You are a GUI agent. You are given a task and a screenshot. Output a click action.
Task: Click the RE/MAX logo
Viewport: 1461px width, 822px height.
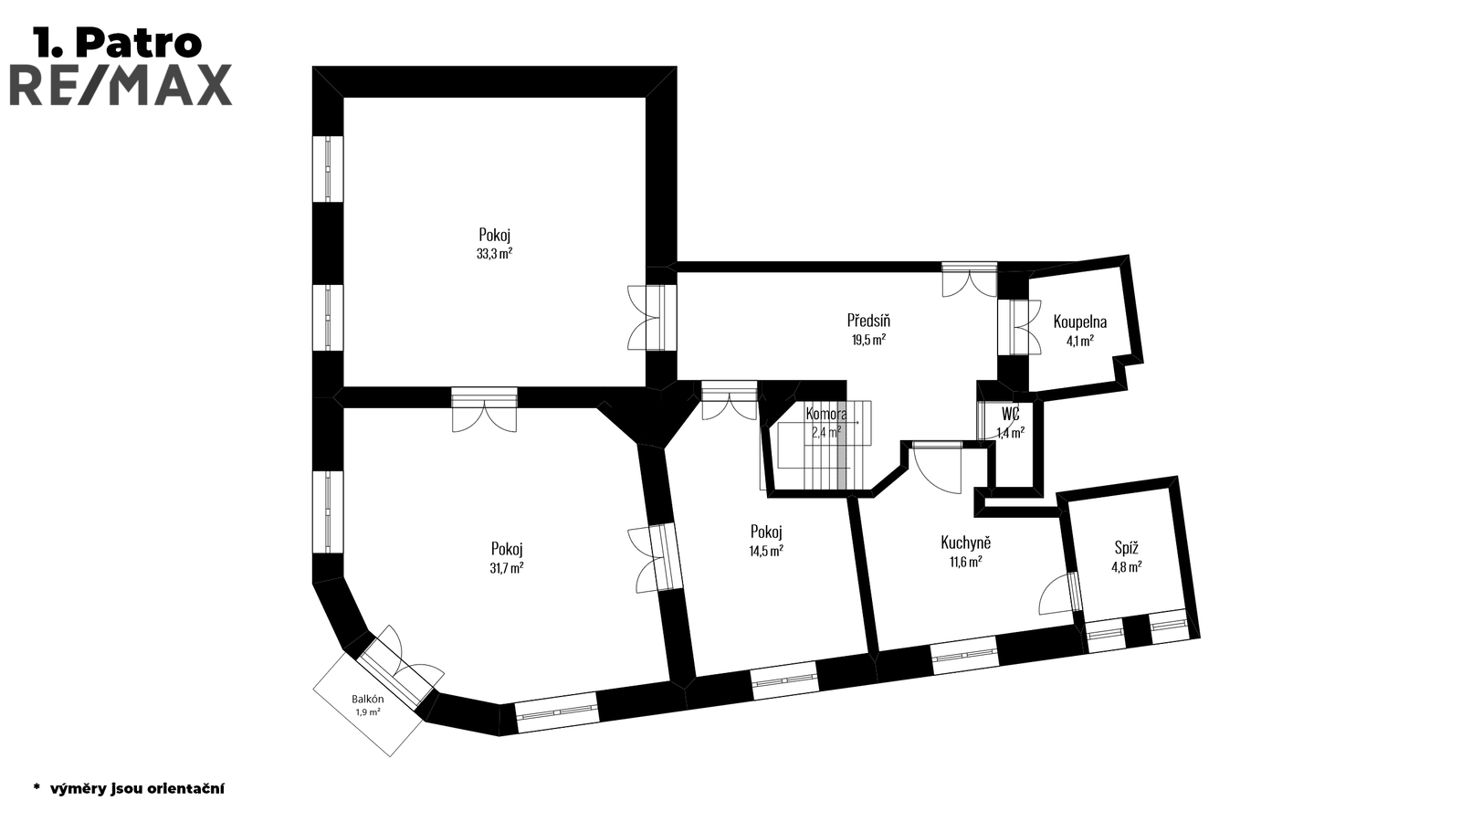[120, 85]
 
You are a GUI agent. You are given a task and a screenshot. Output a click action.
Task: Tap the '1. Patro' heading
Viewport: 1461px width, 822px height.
[117, 42]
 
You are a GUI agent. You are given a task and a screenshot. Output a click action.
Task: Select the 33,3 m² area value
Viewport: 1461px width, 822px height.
[494, 254]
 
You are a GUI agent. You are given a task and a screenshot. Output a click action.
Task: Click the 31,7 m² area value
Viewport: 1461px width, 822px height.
[506, 568]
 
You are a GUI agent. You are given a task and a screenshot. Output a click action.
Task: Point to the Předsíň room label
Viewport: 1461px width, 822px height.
[868, 321]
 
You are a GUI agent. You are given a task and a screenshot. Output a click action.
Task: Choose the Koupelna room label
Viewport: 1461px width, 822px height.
[1079, 321]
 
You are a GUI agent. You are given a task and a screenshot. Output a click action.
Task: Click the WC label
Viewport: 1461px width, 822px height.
[1009, 414]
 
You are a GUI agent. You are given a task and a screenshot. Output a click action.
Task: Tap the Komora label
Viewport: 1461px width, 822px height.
[825, 414]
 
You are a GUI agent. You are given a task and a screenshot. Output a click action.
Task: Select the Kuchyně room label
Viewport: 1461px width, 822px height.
[965, 543]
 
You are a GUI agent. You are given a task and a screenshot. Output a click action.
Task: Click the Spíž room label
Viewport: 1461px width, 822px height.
[1126, 548]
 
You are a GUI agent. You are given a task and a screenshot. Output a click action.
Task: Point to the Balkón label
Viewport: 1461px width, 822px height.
[368, 700]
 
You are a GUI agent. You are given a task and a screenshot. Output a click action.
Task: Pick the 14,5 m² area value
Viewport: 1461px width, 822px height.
[766, 551]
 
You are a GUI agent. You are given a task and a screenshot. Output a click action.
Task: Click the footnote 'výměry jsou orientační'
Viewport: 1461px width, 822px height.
[136, 787]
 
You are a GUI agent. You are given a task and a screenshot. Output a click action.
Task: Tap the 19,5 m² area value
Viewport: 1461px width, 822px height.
[868, 339]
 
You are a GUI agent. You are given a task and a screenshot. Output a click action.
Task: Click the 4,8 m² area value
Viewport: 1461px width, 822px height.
[1126, 566]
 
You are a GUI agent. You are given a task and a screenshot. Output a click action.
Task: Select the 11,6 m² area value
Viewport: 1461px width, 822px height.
[965, 562]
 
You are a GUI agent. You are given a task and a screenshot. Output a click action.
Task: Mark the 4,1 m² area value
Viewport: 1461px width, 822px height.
[1079, 341]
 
